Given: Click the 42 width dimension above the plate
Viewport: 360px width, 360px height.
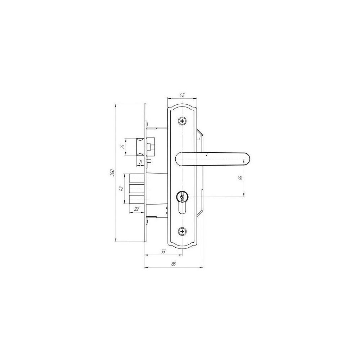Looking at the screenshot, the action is tap(182, 95).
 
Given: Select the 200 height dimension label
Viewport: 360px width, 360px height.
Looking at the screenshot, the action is tap(112, 173).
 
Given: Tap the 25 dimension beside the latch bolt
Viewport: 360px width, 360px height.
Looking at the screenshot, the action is tap(123, 147).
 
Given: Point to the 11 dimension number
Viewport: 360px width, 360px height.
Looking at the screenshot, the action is tap(141, 162).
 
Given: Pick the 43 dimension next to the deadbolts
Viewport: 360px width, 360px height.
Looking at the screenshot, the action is tap(121, 189).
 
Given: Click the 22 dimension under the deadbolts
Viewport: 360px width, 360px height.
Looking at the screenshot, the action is tap(136, 209).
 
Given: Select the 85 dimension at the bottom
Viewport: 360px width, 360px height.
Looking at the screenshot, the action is tap(174, 264).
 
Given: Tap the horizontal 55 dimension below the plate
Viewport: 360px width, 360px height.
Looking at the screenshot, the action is tap(163, 251).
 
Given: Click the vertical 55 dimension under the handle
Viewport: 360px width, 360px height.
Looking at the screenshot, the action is tap(240, 178).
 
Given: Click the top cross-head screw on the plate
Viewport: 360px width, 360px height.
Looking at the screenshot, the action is tap(182, 121).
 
